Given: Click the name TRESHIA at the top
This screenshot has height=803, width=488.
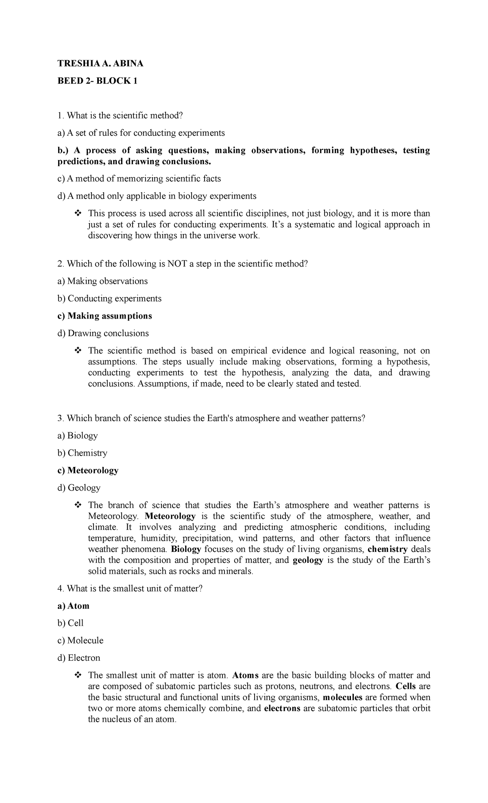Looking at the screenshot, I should [x=73, y=63].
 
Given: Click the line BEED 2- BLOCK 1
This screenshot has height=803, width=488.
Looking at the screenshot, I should [x=98, y=81].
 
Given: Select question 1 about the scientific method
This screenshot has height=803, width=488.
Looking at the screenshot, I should [x=120, y=115].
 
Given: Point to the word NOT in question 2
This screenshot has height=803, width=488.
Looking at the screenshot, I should [x=176, y=264].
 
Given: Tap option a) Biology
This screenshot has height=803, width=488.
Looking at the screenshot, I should [x=78, y=436].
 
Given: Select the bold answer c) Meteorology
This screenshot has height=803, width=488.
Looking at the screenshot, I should [x=88, y=470].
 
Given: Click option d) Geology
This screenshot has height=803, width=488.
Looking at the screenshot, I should [x=79, y=488].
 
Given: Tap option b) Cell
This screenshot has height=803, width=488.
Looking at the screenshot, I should [x=70, y=623].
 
